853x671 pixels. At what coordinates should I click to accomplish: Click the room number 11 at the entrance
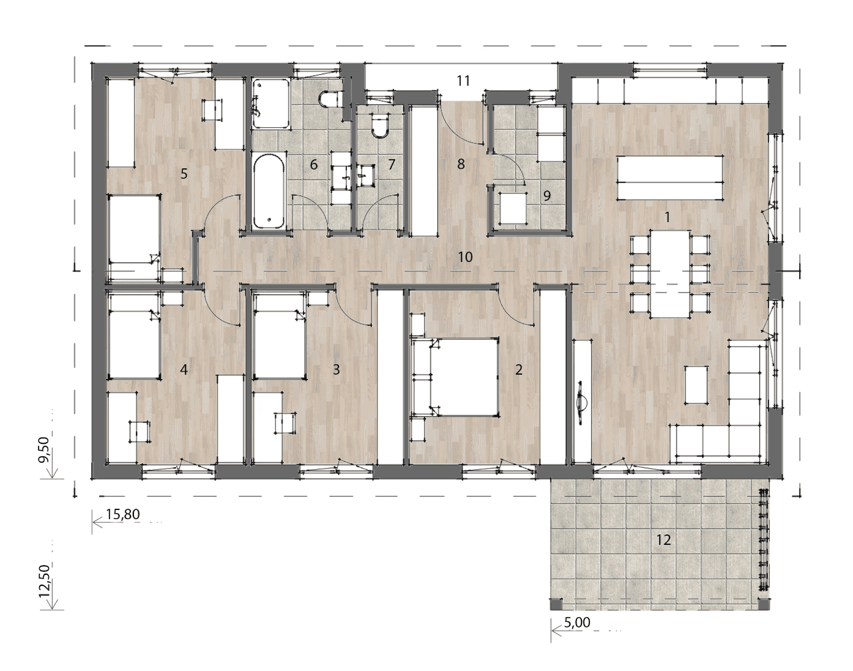(463, 81)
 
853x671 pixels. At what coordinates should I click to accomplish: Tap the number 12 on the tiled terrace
(663, 540)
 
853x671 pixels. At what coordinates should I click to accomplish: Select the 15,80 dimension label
(123, 514)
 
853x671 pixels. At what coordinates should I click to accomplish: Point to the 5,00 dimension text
(577, 622)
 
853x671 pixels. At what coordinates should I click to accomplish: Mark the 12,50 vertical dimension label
(45, 581)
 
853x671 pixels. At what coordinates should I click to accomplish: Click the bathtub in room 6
(269, 191)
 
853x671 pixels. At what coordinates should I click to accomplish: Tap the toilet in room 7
(380, 125)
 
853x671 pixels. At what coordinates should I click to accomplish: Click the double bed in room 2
(456, 377)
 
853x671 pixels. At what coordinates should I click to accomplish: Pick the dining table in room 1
(669, 274)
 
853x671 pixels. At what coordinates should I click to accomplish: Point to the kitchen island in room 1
(670, 178)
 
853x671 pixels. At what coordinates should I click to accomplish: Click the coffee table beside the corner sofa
(696, 384)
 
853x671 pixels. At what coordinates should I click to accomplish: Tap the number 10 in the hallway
(465, 257)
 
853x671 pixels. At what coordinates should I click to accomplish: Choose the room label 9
(547, 195)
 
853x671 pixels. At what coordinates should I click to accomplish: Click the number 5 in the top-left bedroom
(184, 173)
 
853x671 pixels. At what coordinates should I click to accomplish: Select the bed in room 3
(280, 336)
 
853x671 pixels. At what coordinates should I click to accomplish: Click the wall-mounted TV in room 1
(580, 403)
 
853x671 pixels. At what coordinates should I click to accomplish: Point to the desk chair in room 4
(140, 432)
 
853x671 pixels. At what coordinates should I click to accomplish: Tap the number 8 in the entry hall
(461, 164)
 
